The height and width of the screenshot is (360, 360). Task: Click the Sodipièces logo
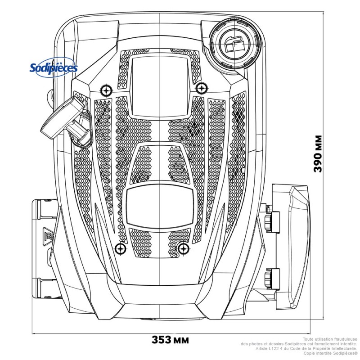click(54, 68)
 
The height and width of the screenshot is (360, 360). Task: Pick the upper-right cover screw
click(201, 87)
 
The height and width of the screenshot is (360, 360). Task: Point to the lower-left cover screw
click(120, 248)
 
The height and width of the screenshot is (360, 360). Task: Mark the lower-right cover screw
click(183, 248)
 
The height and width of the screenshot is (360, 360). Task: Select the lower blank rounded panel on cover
click(160, 206)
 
